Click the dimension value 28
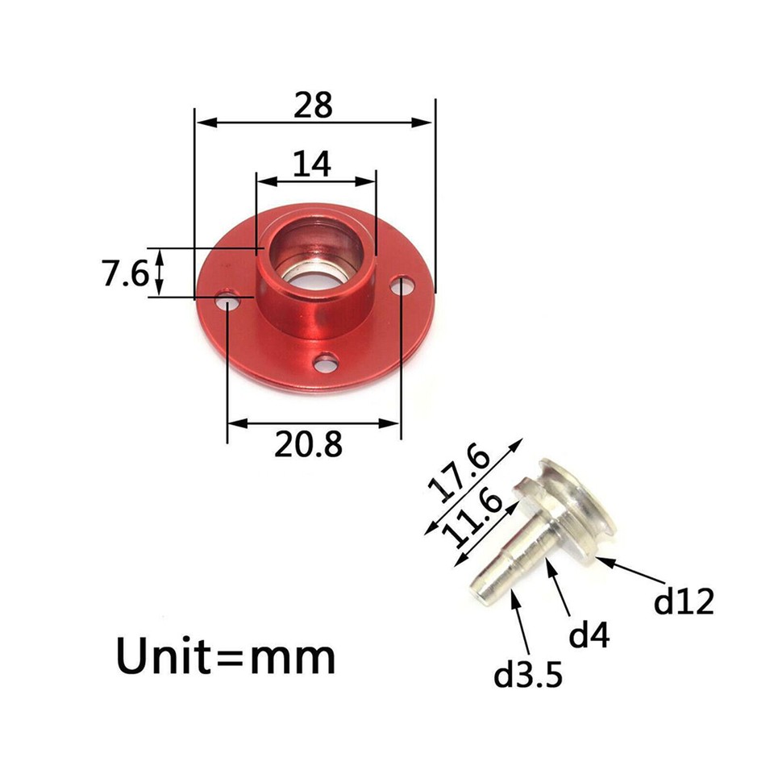pos(313,106)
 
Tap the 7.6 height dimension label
pos(125,275)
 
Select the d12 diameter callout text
pos(684,601)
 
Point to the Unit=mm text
pos(226,657)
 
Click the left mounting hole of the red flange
pos(229,303)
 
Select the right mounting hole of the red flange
pos(402,284)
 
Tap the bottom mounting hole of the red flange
pos(327,364)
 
